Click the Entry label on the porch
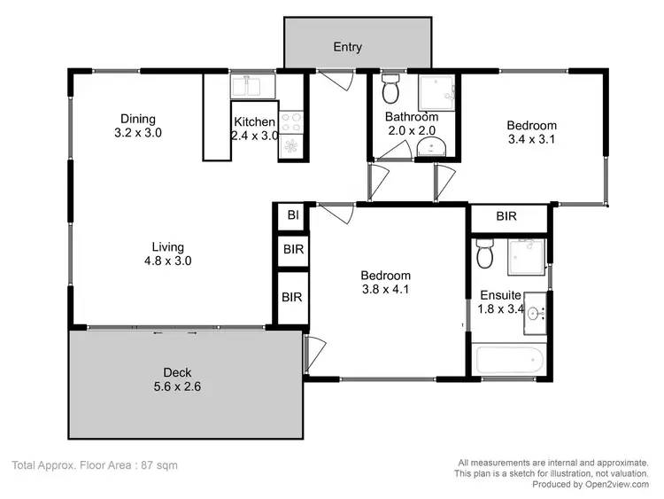click(x=347, y=47)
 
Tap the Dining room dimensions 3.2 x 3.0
click(x=138, y=133)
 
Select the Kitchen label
click(x=254, y=122)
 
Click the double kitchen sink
click(x=253, y=87)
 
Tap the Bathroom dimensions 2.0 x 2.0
click(x=411, y=130)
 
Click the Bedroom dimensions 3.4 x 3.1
click(x=531, y=139)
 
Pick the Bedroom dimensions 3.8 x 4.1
click(x=385, y=289)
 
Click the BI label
click(x=292, y=215)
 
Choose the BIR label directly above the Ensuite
click(x=506, y=216)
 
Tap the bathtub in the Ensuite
click(x=509, y=361)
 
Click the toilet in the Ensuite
click(x=484, y=253)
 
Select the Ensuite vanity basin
click(x=537, y=313)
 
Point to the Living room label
click(x=167, y=246)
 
